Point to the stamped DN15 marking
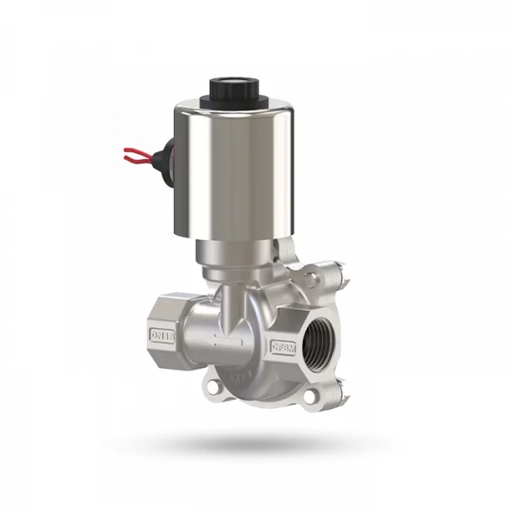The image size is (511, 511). pos(162,334)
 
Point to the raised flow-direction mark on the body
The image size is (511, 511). pos(230,343)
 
